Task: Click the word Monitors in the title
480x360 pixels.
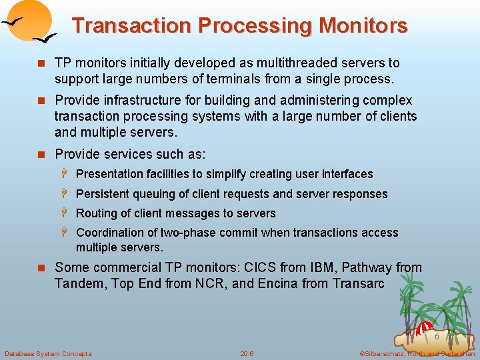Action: click(x=363, y=26)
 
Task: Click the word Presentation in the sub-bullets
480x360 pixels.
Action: click(x=110, y=174)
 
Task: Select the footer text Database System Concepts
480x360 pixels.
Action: click(x=49, y=353)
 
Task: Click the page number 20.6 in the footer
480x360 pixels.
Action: click(x=247, y=353)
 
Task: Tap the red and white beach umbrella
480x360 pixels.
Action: click(x=425, y=328)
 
